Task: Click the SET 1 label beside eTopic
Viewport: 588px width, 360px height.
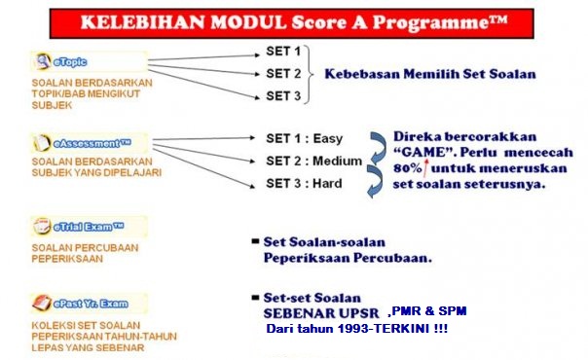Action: coord(283,50)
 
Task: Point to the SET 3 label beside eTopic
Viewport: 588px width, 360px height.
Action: coord(283,94)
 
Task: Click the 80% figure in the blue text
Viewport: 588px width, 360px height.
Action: coord(407,166)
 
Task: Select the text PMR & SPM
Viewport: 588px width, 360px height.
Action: coord(427,310)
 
